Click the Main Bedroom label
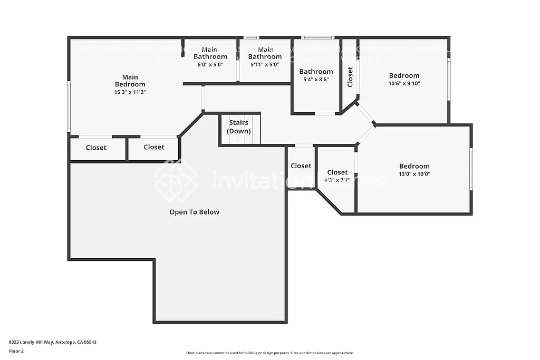coord(130,81)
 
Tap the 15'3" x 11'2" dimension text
coord(130,92)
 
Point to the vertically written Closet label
coord(350,77)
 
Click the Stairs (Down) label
coord(239,127)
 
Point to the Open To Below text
coord(194,212)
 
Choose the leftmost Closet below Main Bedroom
coord(96,148)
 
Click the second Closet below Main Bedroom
coord(153,147)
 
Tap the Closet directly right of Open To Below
coord(301,166)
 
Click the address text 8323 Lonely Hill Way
coord(53,342)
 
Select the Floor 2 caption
coord(16,351)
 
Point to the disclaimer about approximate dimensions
coord(269,353)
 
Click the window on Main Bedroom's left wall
coord(69,106)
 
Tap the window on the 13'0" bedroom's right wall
coord(471,169)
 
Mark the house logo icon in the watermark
coord(176,180)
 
